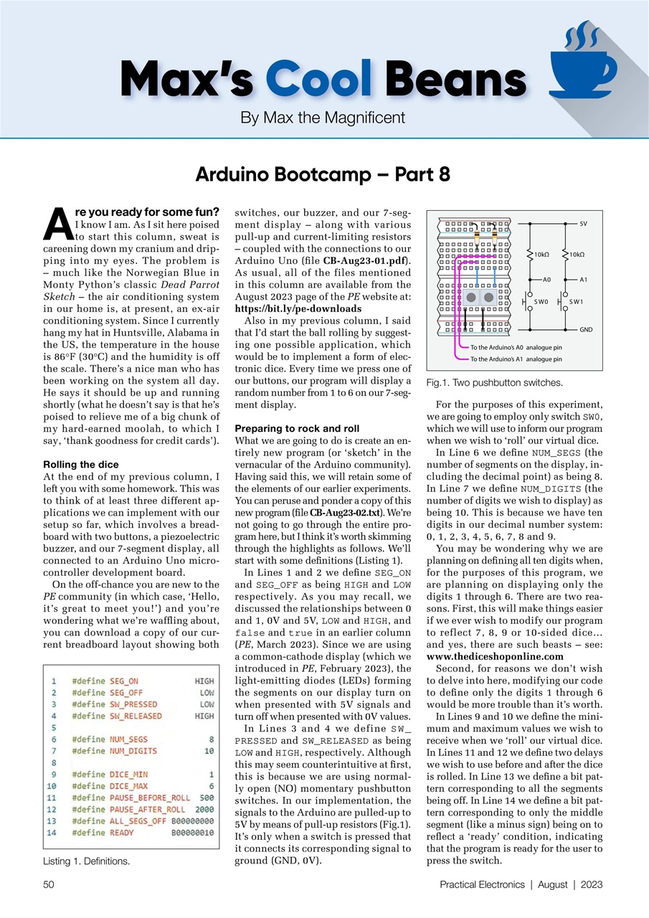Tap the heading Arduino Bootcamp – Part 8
pos(324,175)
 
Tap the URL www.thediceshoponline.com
pos(494,656)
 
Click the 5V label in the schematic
pos(583,224)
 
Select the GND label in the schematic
pos(585,329)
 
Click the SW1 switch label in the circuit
pos(577,302)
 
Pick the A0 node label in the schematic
pos(546,279)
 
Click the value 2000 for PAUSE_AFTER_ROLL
pos(204,810)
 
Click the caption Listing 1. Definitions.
pos(87,861)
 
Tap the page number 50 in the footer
pos(49,885)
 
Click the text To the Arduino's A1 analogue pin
pos(516,359)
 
